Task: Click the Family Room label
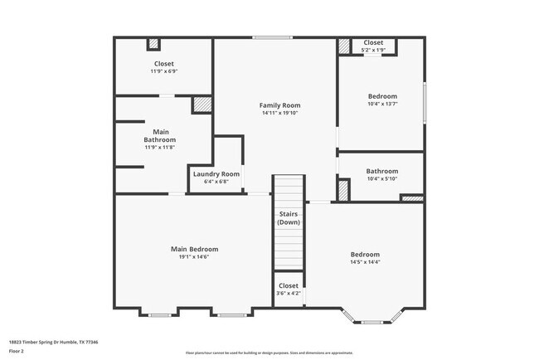click(279, 105)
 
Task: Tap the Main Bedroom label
click(195, 249)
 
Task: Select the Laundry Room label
click(216, 173)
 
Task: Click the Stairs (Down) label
click(288, 218)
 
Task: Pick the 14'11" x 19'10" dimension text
click(279, 113)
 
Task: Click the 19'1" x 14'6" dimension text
click(195, 257)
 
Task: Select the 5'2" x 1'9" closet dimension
click(373, 50)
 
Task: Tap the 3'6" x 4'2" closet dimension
click(289, 293)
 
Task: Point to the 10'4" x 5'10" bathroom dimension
click(382, 179)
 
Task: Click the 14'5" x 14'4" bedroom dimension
click(365, 262)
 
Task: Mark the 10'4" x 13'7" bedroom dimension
click(382, 104)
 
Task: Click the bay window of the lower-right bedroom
click(373, 319)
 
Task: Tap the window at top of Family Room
click(272, 37)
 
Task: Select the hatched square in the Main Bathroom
click(202, 105)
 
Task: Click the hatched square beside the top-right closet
click(344, 46)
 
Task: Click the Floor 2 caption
click(17, 351)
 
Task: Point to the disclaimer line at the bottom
click(269, 353)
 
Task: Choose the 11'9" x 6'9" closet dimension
click(163, 71)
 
